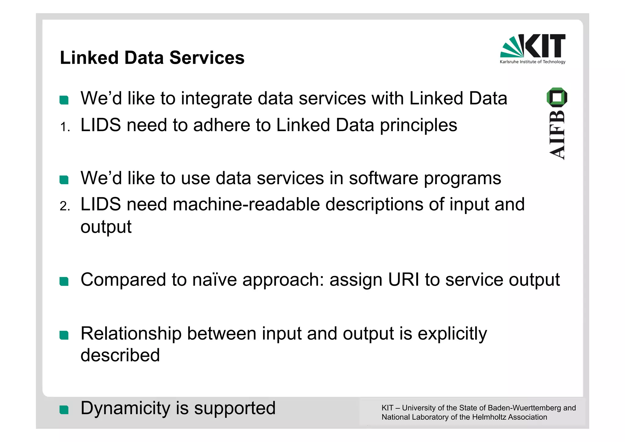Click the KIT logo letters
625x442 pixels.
[545, 46]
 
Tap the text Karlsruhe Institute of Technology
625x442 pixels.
[533, 62]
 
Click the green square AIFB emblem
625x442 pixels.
[557, 97]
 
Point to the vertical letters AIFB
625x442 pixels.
[557, 134]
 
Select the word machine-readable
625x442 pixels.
[246, 204]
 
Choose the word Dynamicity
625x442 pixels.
[125, 408]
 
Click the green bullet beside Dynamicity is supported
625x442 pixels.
[64, 410]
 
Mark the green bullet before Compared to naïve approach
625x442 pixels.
[64, 281]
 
